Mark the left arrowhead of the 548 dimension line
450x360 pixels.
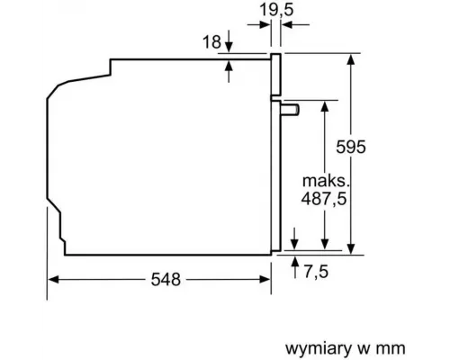(x=53, y=280)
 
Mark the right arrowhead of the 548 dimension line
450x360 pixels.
(x=267, y=280)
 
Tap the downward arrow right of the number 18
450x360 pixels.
(x=230, y=47)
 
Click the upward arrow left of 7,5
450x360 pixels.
(x=296, y=263)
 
